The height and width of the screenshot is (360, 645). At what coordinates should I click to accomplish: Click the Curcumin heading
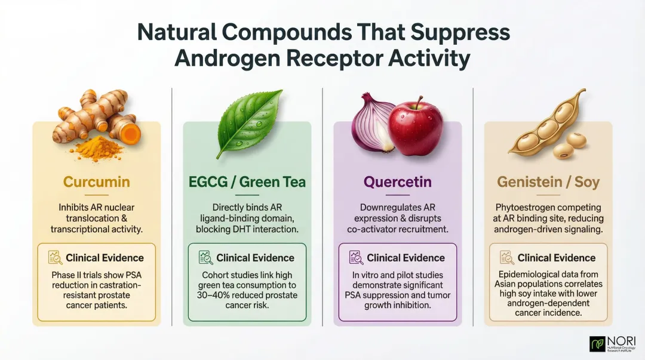point(96,181)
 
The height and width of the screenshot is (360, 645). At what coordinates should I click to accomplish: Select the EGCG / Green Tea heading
point(247,181)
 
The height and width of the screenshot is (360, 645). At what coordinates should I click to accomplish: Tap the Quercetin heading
point(397,181)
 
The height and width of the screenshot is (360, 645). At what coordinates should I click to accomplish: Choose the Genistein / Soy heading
point(548,181)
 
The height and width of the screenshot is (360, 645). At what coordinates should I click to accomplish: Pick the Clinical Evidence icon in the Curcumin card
point(55,258)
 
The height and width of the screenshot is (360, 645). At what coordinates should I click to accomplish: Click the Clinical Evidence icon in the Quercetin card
point(356,258)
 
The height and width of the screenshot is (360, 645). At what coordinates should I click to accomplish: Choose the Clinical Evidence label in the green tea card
point(255,258)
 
